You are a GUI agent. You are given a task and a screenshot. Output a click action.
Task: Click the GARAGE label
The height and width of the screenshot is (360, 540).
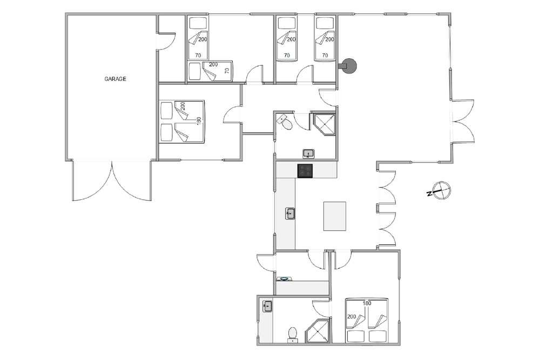tap(116, 79)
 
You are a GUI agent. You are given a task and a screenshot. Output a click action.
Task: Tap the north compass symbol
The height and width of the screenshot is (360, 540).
tap(441, 191)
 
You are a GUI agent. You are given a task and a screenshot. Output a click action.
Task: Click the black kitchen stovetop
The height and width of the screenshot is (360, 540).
tap(305, 171)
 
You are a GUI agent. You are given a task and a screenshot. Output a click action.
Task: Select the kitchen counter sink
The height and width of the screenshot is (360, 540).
tap(290, 213)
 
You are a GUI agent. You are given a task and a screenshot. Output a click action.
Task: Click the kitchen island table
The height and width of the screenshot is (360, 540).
tap(335, 216)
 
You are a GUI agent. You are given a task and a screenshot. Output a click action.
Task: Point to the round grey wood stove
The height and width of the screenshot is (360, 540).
tap(348, 66)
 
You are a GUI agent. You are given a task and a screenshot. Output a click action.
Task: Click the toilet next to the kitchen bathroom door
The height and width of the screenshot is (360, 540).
tap(285, 121)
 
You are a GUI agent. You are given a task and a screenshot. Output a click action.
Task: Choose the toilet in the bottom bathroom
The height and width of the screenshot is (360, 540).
tap(292, 335)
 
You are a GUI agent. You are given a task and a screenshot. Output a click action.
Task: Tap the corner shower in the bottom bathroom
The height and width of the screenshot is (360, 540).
tap(318, 331)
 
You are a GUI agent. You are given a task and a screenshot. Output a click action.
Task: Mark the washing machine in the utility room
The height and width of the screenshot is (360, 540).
tap(284, 279)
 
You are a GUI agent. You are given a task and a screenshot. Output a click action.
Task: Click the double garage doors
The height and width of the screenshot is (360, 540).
tap(112, 180)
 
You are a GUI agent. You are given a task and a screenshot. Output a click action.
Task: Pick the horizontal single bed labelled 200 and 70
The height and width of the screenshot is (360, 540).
tap(211, 72)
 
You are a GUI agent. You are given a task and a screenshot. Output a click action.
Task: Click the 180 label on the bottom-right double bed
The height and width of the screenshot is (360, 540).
tap(367, 303)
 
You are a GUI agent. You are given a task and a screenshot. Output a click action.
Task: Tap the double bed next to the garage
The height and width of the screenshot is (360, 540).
tap(182, 121)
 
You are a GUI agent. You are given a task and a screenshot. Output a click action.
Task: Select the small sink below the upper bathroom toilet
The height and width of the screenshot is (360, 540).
tap(308, 153)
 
